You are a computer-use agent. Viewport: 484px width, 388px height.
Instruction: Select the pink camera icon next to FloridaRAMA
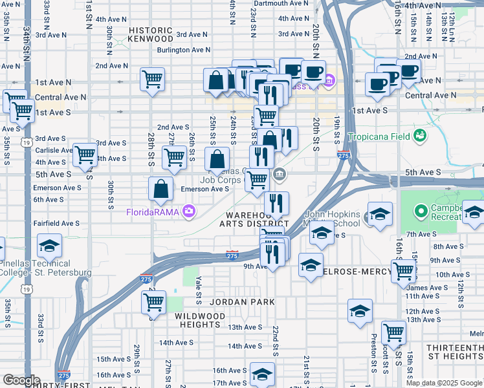pyautogui.click(x=188, y=210)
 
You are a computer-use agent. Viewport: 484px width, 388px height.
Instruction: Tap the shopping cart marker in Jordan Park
pyautogui.click(x=153, y=301)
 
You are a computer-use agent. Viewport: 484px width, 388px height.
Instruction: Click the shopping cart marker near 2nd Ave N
pyautogui.click(x=152, y=80)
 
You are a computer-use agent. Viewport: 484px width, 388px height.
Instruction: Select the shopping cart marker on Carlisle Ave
pyautogui.click(x=85, y=155)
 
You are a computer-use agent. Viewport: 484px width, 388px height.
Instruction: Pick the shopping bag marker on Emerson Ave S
pyautogui.click(x=160, y=189)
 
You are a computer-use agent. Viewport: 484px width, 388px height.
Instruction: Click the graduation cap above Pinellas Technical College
pyautogui.click(x=49, y=246)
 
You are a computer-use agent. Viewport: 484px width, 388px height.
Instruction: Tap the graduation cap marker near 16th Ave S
pyautogui.click(x=262, y=374)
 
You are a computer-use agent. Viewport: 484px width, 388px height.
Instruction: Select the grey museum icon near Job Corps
pyautogui.click(x=279, y=173)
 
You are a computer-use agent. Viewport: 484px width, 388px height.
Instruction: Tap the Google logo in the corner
pyautogui.click(x=21, y=380)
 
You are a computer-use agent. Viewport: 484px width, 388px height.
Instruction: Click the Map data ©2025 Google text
pyautogui.click(x=444, y=383)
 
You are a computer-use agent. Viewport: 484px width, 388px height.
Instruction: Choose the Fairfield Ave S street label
pyautogui.click(x=56, y=223)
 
